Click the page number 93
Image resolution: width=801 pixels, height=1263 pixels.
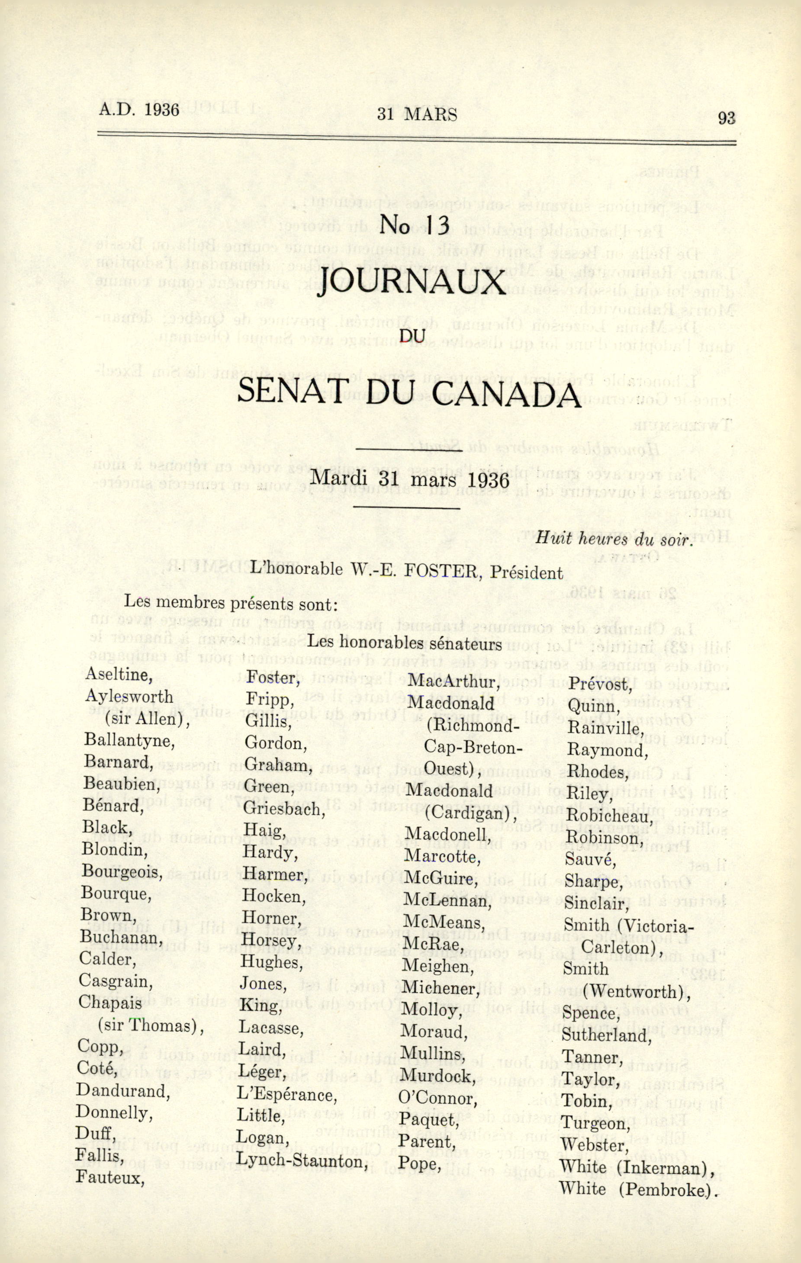[727, 118]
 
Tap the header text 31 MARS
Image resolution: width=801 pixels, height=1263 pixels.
[417, 114]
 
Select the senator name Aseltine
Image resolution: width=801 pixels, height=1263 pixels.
[119, 674]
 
